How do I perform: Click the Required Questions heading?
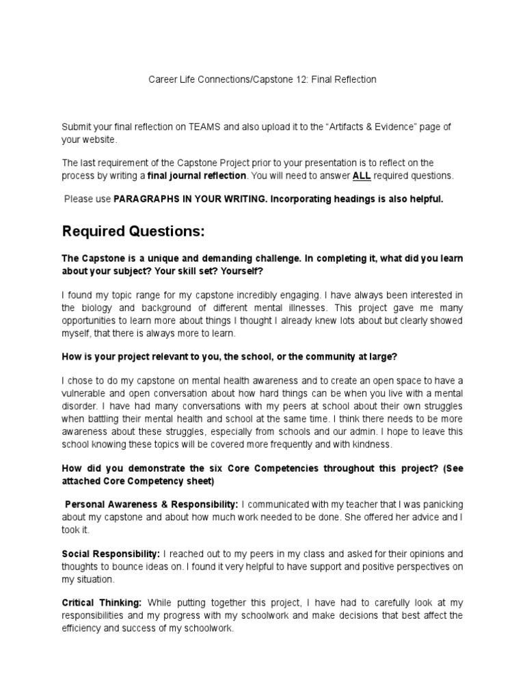coord(133,232)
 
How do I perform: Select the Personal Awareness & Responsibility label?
coord(151,504)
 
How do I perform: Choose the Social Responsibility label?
coord(111,553)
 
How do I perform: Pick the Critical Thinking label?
coord(102,602)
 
